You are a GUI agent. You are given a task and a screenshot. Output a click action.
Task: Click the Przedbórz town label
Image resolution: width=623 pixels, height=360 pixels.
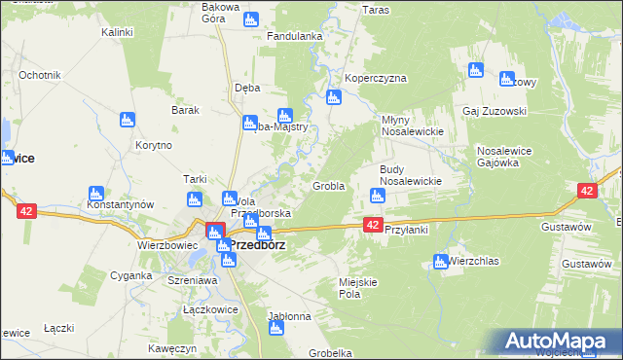click(x=257, y=245)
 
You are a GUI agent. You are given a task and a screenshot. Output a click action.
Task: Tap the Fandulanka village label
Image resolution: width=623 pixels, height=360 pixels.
click(x=295, y=37)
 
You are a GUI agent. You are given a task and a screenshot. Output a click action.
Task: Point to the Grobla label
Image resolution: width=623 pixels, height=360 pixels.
click(x=328, y=186)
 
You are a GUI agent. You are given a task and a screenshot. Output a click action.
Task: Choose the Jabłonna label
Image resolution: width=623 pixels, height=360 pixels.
click(x=289, y=316)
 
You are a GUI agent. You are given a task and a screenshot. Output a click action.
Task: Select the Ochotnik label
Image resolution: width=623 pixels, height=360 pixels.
click(x=40, y=75)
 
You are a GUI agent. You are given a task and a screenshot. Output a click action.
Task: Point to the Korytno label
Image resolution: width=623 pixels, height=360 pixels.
click(x=155, y=145)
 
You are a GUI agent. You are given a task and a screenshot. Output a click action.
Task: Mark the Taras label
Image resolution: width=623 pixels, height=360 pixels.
click(x=376, y=10)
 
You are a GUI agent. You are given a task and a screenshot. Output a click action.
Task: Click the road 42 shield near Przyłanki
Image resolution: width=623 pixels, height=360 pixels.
click(x=373, y=225)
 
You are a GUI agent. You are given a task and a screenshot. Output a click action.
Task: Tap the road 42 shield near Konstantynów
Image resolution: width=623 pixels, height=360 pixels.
click(x=25, y=209)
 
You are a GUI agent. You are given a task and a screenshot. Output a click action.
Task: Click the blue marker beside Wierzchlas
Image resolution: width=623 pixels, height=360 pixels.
click(x=439, y=261)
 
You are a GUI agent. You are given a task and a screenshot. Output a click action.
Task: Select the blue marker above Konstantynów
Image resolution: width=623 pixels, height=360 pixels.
click(x=95, y=193)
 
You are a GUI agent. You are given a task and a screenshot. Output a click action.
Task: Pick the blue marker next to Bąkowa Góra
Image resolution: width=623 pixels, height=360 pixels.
click(x=251, y=18)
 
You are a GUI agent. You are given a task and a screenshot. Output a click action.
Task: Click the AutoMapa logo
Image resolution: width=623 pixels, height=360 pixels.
click(x=559, y=341)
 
